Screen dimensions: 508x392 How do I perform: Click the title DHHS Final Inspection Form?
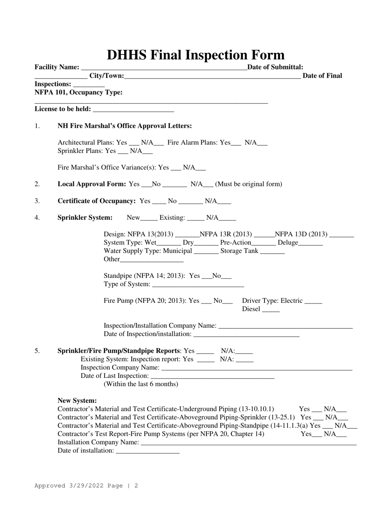pyautogui.click(x=196, y=55)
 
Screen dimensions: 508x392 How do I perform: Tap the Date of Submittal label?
pyautogui.click(x=275, y=67)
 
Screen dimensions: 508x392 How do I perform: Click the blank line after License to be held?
pyautogui.click(x=134, y=110)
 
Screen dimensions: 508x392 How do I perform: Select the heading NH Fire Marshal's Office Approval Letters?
pyautogui.click(x=125, y=126)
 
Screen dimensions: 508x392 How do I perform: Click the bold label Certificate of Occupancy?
pyautogui.click(x=97, y=201)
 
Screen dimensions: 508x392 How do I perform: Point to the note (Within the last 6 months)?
pyautogui.click(x=141, y=384)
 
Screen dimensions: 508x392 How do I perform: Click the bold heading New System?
pyautogui.click(x=77, y=400)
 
